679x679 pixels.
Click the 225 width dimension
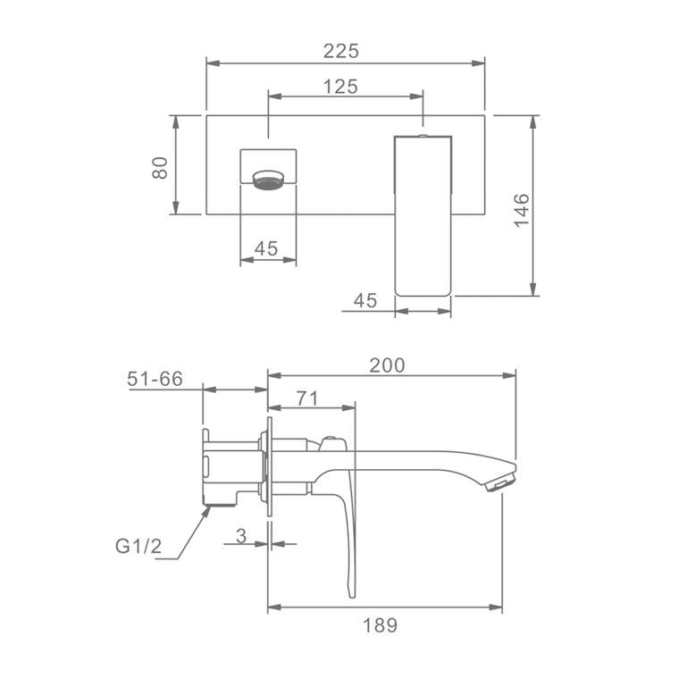[341, 51]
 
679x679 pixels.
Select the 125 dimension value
[340, 87]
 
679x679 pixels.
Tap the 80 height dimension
[160, 168]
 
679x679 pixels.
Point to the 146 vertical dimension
[522, 211]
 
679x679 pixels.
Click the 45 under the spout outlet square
[266, 248]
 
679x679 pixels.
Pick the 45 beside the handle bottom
[365, 300]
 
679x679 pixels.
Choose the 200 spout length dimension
[387, 365]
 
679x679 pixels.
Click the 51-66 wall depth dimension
[155, 379]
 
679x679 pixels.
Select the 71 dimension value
[307, 398]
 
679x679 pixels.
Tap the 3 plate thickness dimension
[241, 536]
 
